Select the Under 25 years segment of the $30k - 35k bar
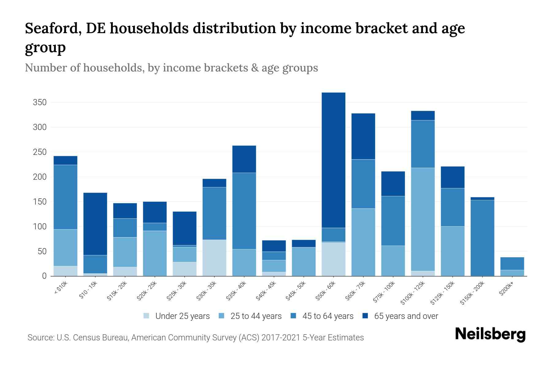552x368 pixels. [x=214, y=258]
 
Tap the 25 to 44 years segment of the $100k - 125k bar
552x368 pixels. [x=423, y=219]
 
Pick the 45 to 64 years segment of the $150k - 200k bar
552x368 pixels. [x=482, y=238]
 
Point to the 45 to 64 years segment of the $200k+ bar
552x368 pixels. [x=512, y=263]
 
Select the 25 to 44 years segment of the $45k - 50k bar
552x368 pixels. [x=304, y=262]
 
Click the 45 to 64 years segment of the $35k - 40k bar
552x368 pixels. [x=244, y=211]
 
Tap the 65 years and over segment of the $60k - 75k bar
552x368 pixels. [x=363, y=136]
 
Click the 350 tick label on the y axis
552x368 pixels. [x=40, y=102]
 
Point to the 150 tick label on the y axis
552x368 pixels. [x=40, y=202]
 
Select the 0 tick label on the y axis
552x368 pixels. [x=44, y=276]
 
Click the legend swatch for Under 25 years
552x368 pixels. [x=147, y=316]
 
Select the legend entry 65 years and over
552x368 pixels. [x=406, y=316]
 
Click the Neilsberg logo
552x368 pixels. [x=490, y=334]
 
